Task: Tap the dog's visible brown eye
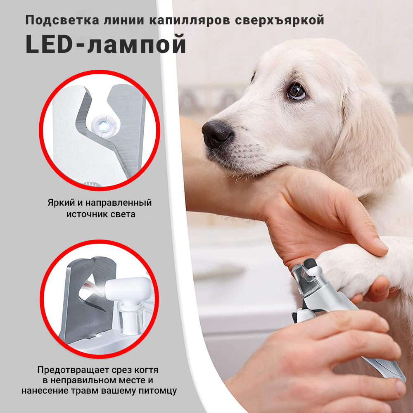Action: point(297,91)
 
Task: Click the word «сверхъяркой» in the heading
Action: point(279,20)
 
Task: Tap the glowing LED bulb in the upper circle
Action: point(103,126)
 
